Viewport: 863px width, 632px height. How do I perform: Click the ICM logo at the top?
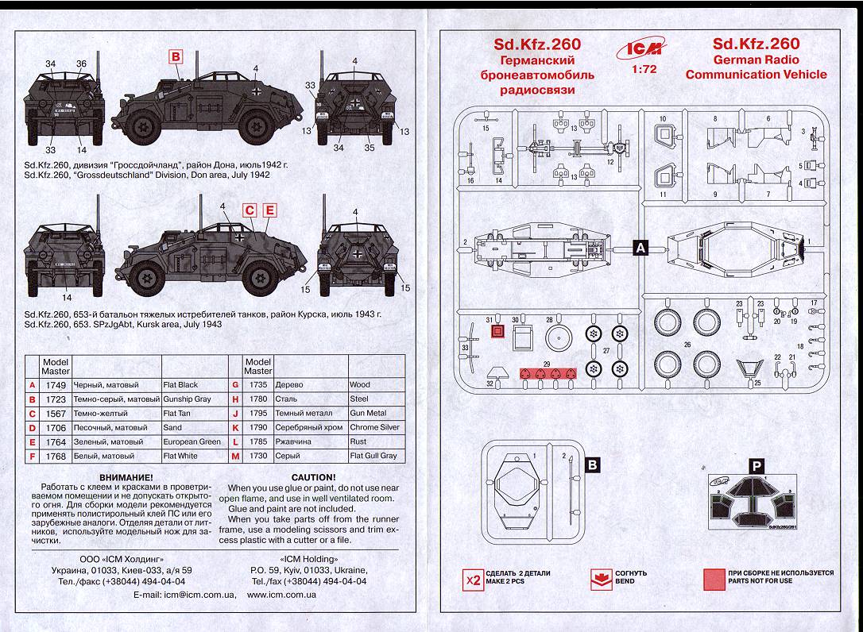640,49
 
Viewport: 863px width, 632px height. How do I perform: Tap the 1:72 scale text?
640,71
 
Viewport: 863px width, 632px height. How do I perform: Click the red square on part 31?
498,333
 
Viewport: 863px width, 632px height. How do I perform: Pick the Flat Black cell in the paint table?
180,385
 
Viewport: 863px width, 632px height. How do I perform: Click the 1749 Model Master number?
56,385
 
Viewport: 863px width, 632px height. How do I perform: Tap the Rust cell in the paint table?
358,442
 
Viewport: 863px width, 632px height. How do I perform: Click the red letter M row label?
235,457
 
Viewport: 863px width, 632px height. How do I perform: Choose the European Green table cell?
192,442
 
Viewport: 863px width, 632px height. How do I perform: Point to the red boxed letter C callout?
250,210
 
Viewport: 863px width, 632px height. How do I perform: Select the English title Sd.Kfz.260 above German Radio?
756,44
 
